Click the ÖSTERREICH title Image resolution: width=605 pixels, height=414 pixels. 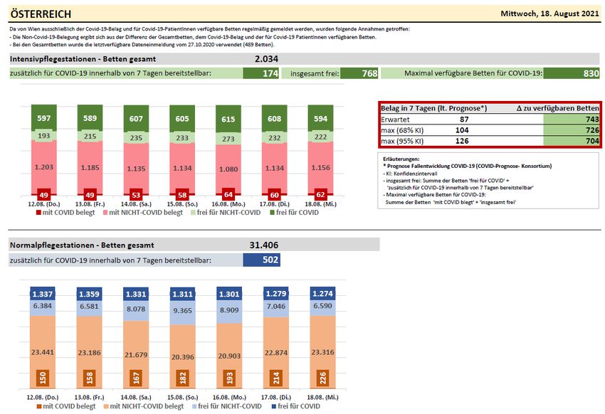[41, 14]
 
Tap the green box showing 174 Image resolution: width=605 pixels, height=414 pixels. [261, 73]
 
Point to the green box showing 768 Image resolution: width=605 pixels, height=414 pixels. [360, 73]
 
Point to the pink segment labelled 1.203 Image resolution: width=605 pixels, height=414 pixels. [44, 166]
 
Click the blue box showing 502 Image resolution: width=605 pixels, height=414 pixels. [261, 260]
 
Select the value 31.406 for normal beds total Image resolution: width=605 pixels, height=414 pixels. [263, 245]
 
